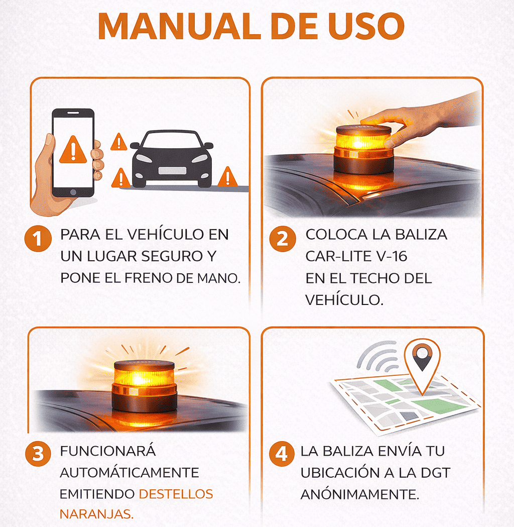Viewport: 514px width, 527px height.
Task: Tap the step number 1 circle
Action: tap(38, 239)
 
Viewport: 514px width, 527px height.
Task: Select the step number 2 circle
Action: tap(283, 239)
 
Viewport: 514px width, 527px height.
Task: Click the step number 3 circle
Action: tap(38, 454)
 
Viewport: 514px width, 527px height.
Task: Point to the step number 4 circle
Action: tap(282, 454)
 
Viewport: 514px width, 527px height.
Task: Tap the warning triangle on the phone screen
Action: tap(73, 150)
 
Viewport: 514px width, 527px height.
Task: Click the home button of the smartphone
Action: tap(73, 192)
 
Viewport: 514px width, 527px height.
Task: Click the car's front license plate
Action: tap(172, 170)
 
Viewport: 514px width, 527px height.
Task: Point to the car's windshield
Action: tap(172, 140)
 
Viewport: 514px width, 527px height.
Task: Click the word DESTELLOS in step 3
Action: tap(176, 494)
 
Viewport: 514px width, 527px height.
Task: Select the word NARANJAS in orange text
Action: tap(96, 514)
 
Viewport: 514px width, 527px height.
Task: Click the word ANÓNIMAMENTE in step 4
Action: tap(360, 494)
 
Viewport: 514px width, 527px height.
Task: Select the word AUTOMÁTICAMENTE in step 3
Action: tap(130, 473)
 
